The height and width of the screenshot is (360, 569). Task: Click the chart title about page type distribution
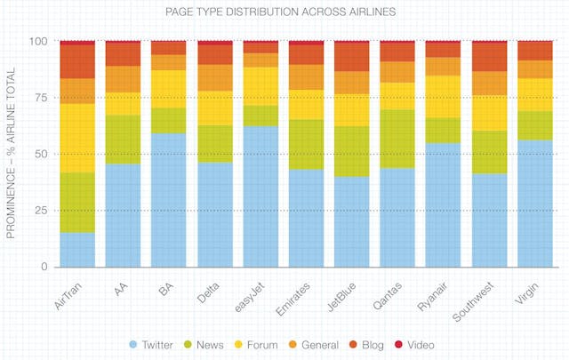click(284, 13)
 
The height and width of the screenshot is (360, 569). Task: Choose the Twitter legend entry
click(155, 343)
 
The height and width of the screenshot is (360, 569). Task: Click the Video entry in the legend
click(417, 343)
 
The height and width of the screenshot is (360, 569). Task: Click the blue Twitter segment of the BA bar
click(169, 200)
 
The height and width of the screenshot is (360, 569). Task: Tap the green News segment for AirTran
click(77, 203)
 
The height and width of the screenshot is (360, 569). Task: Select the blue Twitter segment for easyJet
click(260, 196)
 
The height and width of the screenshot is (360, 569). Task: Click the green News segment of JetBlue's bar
click(352, 151)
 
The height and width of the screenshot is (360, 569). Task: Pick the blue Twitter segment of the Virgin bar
click(535, 204)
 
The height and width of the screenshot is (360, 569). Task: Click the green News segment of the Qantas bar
click(398, 139)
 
